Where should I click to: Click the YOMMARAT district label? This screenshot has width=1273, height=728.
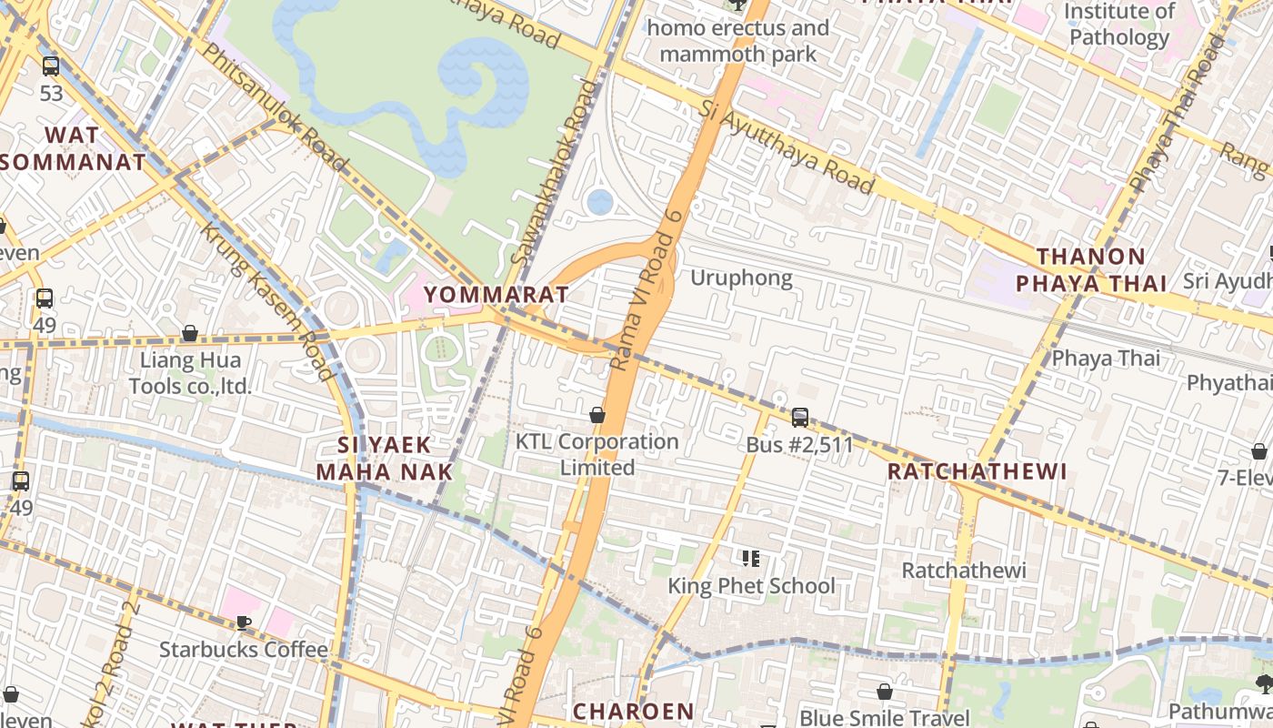pos(496,295)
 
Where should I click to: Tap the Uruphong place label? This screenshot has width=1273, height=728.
pos(741,278)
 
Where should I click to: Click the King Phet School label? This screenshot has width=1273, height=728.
pos(751,585)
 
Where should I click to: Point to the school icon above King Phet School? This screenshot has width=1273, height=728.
pos(751,558)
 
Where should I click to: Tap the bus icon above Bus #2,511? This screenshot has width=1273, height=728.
pos(800,418)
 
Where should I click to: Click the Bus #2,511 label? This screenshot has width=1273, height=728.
pos(800,445)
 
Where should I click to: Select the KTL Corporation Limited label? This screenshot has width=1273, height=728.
pos(597,454)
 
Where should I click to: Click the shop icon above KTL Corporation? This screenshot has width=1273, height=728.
pos(597,415)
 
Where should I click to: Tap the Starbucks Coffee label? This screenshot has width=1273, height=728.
pos(244,650)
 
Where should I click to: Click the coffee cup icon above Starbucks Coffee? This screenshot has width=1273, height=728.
pos(244,622)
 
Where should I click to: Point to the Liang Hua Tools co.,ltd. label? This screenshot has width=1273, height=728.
pos(190,373)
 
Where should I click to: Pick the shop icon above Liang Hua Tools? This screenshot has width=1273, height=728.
pos(190,333)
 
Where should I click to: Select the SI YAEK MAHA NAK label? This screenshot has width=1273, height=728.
pos(385,458)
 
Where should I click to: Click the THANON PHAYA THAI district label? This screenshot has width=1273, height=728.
pos(1091,270)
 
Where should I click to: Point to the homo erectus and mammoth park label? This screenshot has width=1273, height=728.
pos(738,41)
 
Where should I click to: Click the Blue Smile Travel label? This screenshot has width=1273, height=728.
pos(885,718)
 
